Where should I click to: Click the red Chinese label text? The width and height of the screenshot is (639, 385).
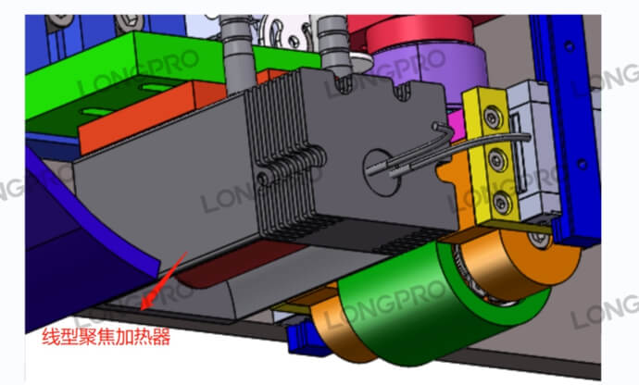(106, 337)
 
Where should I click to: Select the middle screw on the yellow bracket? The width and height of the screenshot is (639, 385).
(497, 159)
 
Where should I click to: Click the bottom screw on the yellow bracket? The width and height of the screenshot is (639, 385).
(502, 202)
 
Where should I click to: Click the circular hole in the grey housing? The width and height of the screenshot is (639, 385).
(381, 173)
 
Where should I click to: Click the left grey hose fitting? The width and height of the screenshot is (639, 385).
(237, 53)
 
